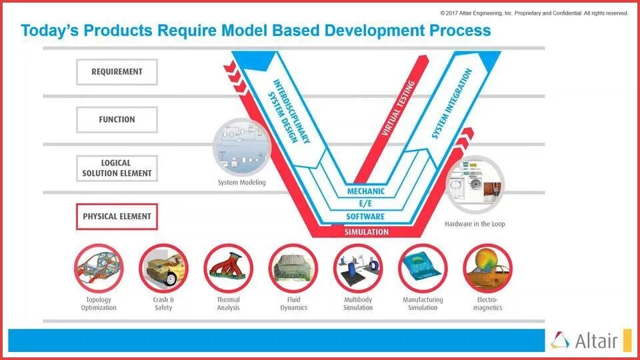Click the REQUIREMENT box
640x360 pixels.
click(117, 72)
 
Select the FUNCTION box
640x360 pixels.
click(117, 120)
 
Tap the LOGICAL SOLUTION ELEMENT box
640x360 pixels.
click(117, 168)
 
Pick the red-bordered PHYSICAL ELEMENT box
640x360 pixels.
click(117, 217)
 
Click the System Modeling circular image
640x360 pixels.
click(242, 147)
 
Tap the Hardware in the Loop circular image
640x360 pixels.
click(475, 185)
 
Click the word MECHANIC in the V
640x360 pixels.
click(366, 192)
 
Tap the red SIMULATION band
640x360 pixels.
click(366, 231)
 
